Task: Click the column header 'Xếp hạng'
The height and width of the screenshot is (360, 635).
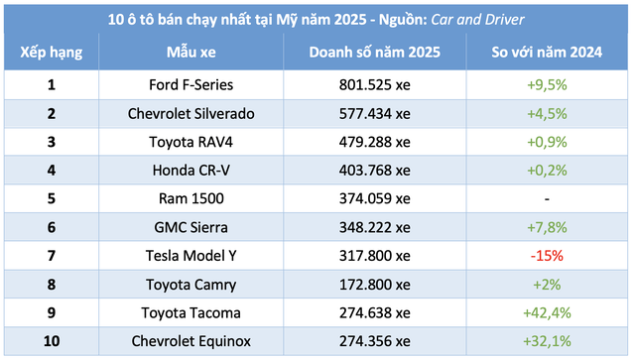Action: (x=51, y=51)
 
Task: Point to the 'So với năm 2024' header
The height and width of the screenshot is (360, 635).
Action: (x=547, y=51)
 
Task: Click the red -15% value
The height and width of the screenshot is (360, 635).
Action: (x=547, y=255)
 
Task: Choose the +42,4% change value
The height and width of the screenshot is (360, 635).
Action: (x=547, y=312)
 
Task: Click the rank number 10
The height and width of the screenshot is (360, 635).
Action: (x=51, y=341)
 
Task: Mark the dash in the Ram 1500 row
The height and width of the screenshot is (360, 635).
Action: (x=547, y=198)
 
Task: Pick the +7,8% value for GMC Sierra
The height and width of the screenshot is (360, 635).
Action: (x=547, y=227)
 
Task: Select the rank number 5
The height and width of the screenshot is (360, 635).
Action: (x=51, y=198)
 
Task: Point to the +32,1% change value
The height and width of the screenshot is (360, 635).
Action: (x=547, y=341)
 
